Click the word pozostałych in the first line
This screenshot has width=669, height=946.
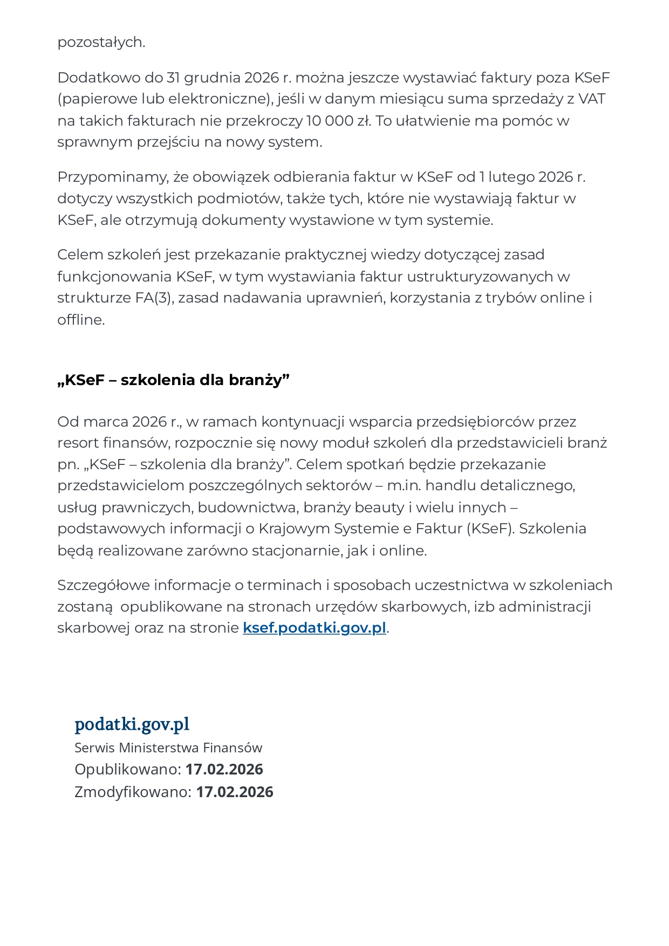click(x=101, y=42)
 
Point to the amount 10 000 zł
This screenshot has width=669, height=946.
click(x=338, y=120)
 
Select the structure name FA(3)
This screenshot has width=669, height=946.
click(x=155, y=298)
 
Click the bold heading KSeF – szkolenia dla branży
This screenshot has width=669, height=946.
click(x=173, y=380)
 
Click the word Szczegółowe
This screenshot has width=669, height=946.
click(x=104, y=585)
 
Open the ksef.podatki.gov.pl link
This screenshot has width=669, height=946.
click(x=315, y=628)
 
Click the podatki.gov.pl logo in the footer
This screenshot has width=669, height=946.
click(x=132, y=724)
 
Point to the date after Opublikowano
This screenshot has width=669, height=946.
click(x=224, y=769)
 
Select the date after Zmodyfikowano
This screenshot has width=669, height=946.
click(x=235, y=792)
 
